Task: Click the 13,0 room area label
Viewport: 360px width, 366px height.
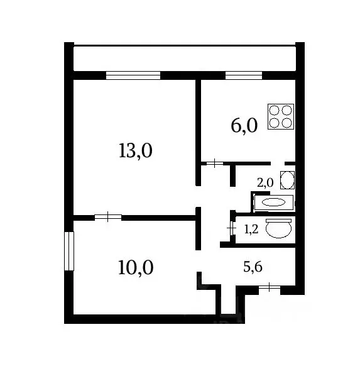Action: click(x=136, y=151)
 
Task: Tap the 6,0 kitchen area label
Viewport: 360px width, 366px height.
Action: click(x=244, y=126)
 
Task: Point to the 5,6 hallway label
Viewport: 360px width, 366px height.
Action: click(x=253, y=267)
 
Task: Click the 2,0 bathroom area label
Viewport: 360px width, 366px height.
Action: click(x=265, y=182)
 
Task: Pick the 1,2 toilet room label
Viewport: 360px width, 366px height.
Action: click(x=251, y=230)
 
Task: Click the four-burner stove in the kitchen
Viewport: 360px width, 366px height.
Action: click(x=281, y=116)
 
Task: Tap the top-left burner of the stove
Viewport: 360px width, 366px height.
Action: click(x=275, y=110)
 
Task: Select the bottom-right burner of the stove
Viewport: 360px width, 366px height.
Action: click(x=287, y=123)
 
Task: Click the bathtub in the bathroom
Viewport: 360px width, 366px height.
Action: click(x=273, y=202)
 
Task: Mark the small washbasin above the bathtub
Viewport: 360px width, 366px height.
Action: click(x=287, y=180)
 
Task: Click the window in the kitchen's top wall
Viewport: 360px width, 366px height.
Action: click(x=243, y=75)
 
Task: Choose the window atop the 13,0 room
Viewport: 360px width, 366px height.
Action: click(x=133, y=75)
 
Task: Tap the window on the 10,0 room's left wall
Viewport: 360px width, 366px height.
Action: click(x=69, y=251)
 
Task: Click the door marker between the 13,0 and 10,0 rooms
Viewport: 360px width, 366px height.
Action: click(x=108, y=217)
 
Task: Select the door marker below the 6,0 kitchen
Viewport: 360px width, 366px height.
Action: click(x=214, y=164)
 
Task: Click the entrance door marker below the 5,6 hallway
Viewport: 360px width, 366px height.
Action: click(x=270, y=288)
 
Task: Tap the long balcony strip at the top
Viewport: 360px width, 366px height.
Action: click(x=183, y=58)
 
